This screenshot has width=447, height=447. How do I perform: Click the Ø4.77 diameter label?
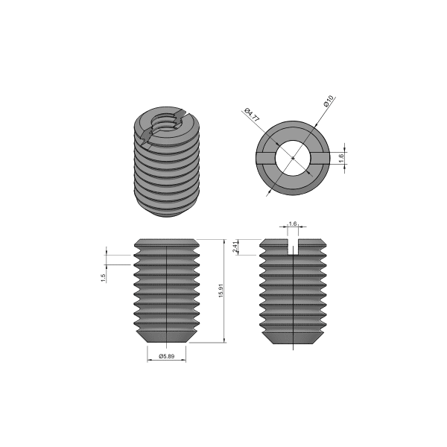pyautogui.click(x=252, y=117)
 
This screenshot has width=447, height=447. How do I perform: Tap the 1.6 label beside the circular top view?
pyautogui.click(x=341, y=158)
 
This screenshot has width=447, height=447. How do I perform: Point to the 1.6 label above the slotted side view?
pyautogui.click(x=293, y=223)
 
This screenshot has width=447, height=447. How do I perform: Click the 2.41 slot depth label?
pyautogui.click(x=235, y=247)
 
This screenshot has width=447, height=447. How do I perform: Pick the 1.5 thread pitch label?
pyautogui.click(x=104, y=277)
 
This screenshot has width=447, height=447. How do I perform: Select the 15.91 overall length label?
pyautogui.click(x=221, y=291)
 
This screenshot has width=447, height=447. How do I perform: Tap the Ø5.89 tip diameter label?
pyautogui.click(x=166, y=357)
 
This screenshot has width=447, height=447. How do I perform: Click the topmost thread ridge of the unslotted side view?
pyautogui.click(x=166, y=244)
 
